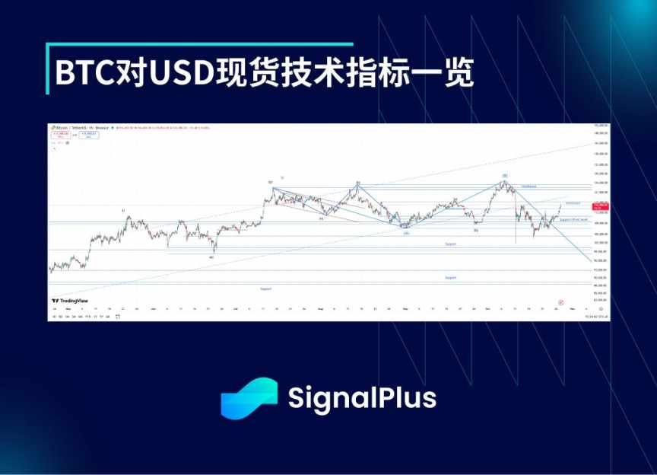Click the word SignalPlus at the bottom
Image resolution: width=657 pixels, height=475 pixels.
361,399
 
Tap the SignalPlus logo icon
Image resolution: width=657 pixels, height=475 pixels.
249,399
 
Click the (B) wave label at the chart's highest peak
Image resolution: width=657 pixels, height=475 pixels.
504,176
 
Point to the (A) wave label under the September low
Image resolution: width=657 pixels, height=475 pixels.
407,233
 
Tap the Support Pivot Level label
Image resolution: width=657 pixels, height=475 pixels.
574,219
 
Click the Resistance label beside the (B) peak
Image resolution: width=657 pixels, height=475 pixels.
528,186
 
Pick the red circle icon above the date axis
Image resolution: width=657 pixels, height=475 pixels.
560,301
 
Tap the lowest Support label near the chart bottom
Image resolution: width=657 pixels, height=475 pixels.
265,289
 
